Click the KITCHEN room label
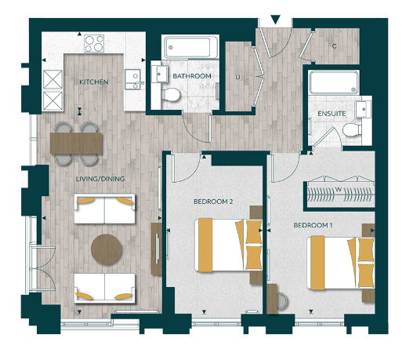click(93, 82)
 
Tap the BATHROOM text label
click(193, 76)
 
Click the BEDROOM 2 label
click(213, 202)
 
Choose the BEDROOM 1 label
click(313, 225)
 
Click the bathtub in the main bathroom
click(190, 47)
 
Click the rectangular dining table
click(76, 142)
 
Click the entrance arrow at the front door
click(274, 19)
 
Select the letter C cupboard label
click(335, 46)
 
